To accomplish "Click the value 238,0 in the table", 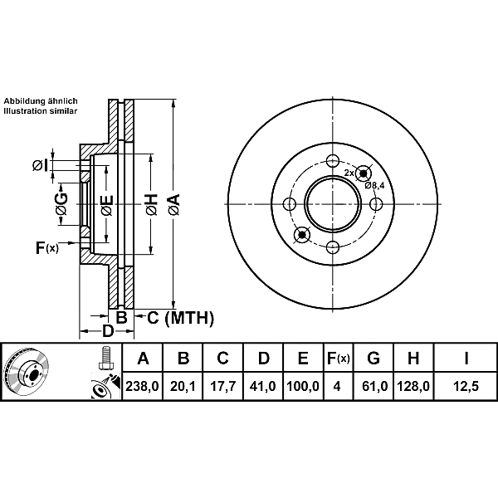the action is [x=142, y=386].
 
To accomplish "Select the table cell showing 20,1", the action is [x=183, y=386].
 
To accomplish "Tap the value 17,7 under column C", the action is [x=223, y=386].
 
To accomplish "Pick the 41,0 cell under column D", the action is [x=263, y=386].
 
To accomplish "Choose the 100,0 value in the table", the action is [x=303, y=386].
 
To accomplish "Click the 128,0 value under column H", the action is [x=413, y=386].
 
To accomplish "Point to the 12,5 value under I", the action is [x=466, y=386].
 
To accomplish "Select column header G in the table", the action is [x=373, y=359].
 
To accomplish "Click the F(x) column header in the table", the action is [x=339, y=359].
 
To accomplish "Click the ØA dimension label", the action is [x=174, y=205].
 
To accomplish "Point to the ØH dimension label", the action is [x=152, y=204].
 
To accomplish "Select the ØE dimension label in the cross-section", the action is [x=107, y=206].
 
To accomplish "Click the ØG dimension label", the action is [x=61, y=204].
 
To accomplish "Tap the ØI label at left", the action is [x=41, y=165].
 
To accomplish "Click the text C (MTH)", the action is [x=181, y=318].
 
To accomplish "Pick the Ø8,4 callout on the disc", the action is [x=374, y=185].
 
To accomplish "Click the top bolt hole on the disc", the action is [x=333, y=160].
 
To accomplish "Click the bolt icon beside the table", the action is [x=105, y=358].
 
